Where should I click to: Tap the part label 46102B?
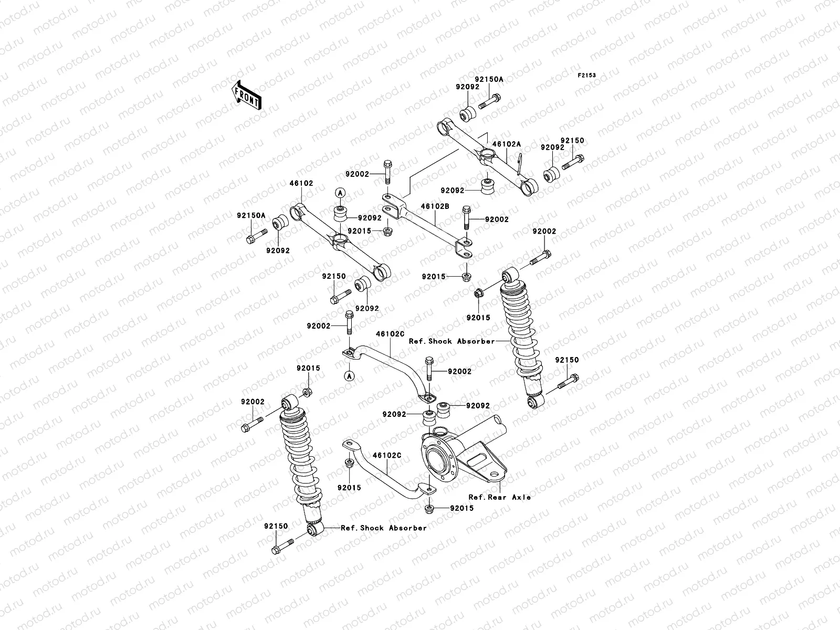[435, 207]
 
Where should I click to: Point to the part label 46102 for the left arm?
[301, 184]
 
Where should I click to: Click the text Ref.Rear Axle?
[499, 497]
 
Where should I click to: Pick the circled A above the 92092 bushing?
[340, 193]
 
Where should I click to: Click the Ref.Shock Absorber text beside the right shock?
[451, 341]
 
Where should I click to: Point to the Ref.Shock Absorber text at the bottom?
[384, 528]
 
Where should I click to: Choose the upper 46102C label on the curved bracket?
[390, 333]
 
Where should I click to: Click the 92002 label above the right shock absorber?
[544, 231]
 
